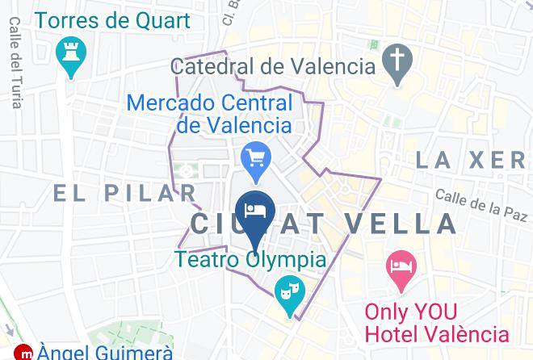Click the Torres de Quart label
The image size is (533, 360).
click(112, 19)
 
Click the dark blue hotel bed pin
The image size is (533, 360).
click(254, 212)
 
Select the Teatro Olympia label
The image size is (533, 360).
click(251, 260)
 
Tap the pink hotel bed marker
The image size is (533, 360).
click(401, 268)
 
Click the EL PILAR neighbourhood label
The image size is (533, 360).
click(125, 193)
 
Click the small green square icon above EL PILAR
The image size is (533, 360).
click(189, 170)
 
